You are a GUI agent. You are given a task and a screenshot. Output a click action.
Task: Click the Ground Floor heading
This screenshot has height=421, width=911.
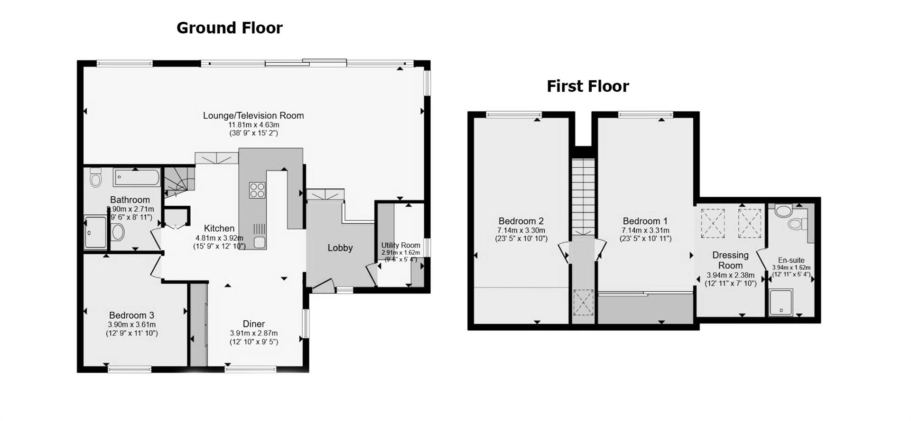tap(229, 28)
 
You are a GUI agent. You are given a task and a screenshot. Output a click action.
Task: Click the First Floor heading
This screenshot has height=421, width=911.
tap(587, 86)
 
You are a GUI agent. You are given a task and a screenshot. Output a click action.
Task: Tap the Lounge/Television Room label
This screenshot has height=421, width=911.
tap(253, 115)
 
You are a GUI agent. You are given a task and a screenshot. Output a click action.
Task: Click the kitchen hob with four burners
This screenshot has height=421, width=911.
tap(257, 190)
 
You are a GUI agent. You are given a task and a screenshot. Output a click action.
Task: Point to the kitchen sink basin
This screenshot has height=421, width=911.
tap(259, 243)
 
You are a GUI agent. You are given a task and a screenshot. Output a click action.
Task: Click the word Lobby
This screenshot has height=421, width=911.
tap(340, 248)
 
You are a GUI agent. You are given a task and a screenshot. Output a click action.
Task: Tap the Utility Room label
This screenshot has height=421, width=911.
tap(400, 245)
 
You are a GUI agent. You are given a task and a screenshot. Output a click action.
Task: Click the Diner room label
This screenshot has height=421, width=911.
tap(253, 324)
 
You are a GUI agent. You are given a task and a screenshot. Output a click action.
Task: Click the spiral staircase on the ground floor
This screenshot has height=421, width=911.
tap(179, 181)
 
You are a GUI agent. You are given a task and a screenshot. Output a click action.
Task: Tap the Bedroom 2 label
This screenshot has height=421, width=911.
tap(521, 221)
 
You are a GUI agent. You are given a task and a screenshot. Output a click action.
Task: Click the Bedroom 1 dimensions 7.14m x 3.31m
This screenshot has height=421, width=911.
tap(645, 230)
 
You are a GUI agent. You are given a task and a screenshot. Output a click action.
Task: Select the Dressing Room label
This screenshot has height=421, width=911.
tap(730, 260)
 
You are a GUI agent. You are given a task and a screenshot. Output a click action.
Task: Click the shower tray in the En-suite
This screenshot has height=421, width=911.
tap(781, 303)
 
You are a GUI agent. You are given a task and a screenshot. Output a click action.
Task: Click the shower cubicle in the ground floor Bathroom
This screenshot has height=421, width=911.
tap(96, 232)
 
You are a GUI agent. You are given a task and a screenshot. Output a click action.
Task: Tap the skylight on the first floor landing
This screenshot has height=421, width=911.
tap(583, 302)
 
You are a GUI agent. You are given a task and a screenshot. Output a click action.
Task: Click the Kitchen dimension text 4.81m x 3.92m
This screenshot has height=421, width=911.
tap(219, 238)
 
